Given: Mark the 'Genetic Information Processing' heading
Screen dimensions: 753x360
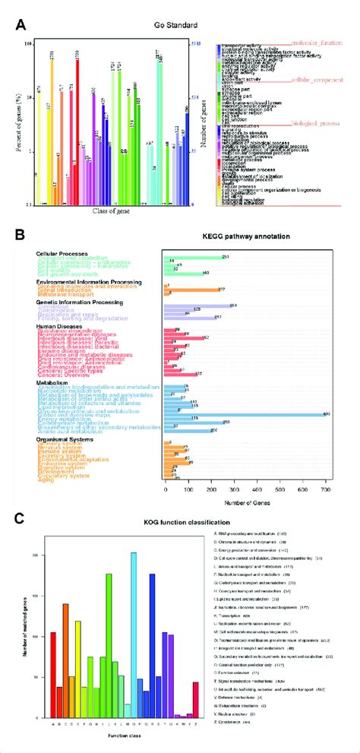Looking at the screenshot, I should pyautogui.click(x=80, y=302).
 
